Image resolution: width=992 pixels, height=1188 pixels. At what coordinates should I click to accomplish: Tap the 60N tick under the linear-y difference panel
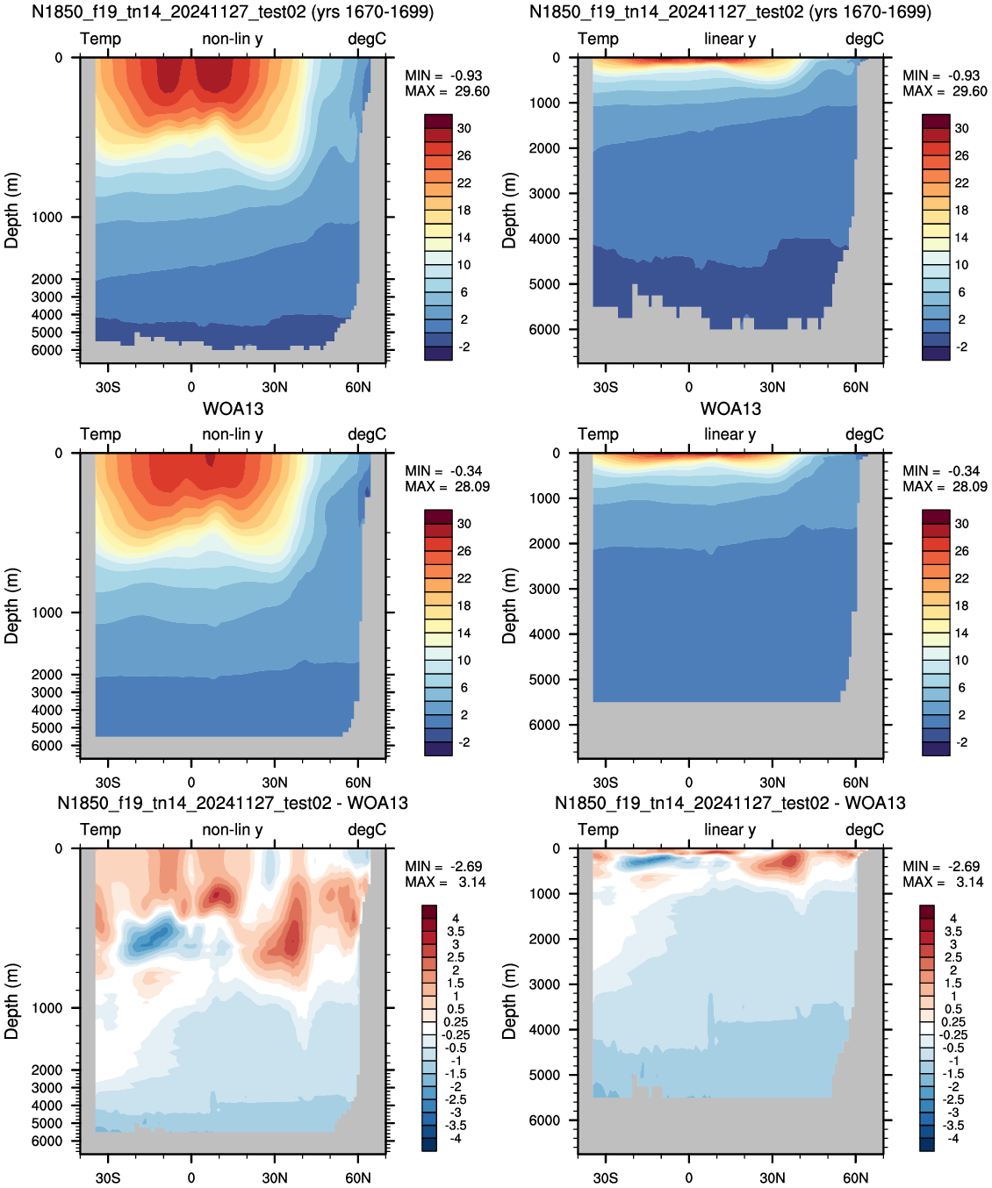(x=855, y=1177)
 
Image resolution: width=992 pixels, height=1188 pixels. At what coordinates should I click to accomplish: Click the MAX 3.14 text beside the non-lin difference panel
(x=445, y=883)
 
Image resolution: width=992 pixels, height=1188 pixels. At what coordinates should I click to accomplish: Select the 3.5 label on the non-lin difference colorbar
(x=456, y=932)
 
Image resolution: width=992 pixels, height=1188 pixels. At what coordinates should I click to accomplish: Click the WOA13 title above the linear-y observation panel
(x=730, y=409)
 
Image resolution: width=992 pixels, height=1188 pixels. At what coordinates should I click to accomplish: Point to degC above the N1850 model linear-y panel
(x=865, y=39)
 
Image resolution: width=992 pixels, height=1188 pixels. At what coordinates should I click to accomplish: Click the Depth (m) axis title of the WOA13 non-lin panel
(x=11, y=605)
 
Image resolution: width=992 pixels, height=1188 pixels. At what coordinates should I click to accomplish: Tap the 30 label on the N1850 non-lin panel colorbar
(x=464, y=128)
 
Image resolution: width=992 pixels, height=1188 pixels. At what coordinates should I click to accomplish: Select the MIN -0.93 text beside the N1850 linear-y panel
(x=941, y=75)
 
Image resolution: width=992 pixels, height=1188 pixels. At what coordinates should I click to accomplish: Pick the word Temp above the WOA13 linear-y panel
(x=598, y=434)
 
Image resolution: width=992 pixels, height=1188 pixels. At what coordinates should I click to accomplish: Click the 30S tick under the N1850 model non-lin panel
(x=108, y=387)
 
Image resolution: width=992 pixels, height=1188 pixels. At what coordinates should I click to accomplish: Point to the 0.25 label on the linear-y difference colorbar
(x=953, y=1022)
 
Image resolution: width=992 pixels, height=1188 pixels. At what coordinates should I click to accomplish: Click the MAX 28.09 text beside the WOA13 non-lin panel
(x=447, y=486)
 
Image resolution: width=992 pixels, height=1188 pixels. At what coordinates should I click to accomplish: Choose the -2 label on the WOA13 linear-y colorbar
(x=962, y=742)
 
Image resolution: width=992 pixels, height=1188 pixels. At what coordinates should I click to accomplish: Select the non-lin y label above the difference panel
(x=233, y=829)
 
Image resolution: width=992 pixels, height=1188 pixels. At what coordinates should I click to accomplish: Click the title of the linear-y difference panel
(x=730, y=803)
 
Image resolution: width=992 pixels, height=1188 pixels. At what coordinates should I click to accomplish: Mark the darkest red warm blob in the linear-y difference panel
(x=789, y=860)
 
